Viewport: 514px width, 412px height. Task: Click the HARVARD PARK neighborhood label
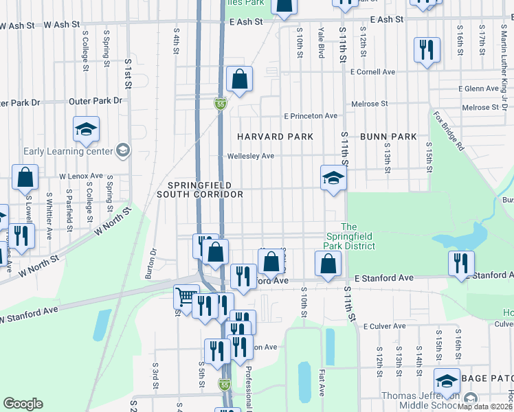click(275, 137)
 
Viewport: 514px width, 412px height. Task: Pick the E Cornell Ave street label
click(372, 71)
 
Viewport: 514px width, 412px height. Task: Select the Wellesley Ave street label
click(251, 156)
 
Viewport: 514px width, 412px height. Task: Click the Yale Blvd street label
click(321, 43)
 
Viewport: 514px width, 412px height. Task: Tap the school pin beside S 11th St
click(334, 178)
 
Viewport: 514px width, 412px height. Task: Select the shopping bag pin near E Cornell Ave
click(239, 80)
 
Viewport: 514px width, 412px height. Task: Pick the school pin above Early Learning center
click(87, 128)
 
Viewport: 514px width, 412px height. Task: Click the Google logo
click(23, 404)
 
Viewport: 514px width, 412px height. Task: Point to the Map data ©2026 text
click(485, 407)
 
